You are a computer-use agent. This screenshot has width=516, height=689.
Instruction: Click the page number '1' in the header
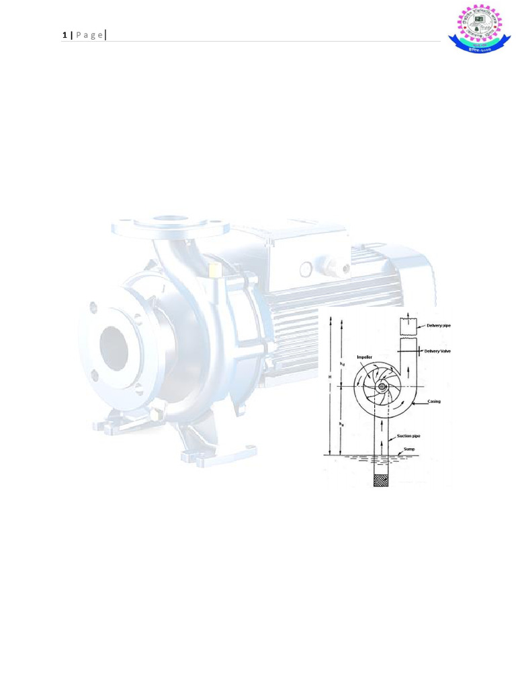click(64, 35)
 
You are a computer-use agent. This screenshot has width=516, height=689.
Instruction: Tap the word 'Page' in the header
click(89, 35)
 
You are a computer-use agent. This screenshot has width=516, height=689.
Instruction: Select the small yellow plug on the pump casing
click(214, 270)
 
